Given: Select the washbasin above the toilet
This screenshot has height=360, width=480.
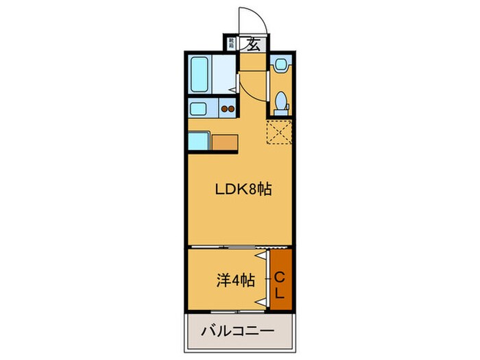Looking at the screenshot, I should point(280,66).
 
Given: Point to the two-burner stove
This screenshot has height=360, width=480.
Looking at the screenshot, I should point(228,109).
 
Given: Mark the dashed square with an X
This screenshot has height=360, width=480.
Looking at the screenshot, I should point(280,132).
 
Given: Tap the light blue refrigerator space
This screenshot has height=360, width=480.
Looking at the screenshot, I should point(200,141).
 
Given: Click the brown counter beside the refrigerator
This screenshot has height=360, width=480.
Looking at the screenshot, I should point(225,142).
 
